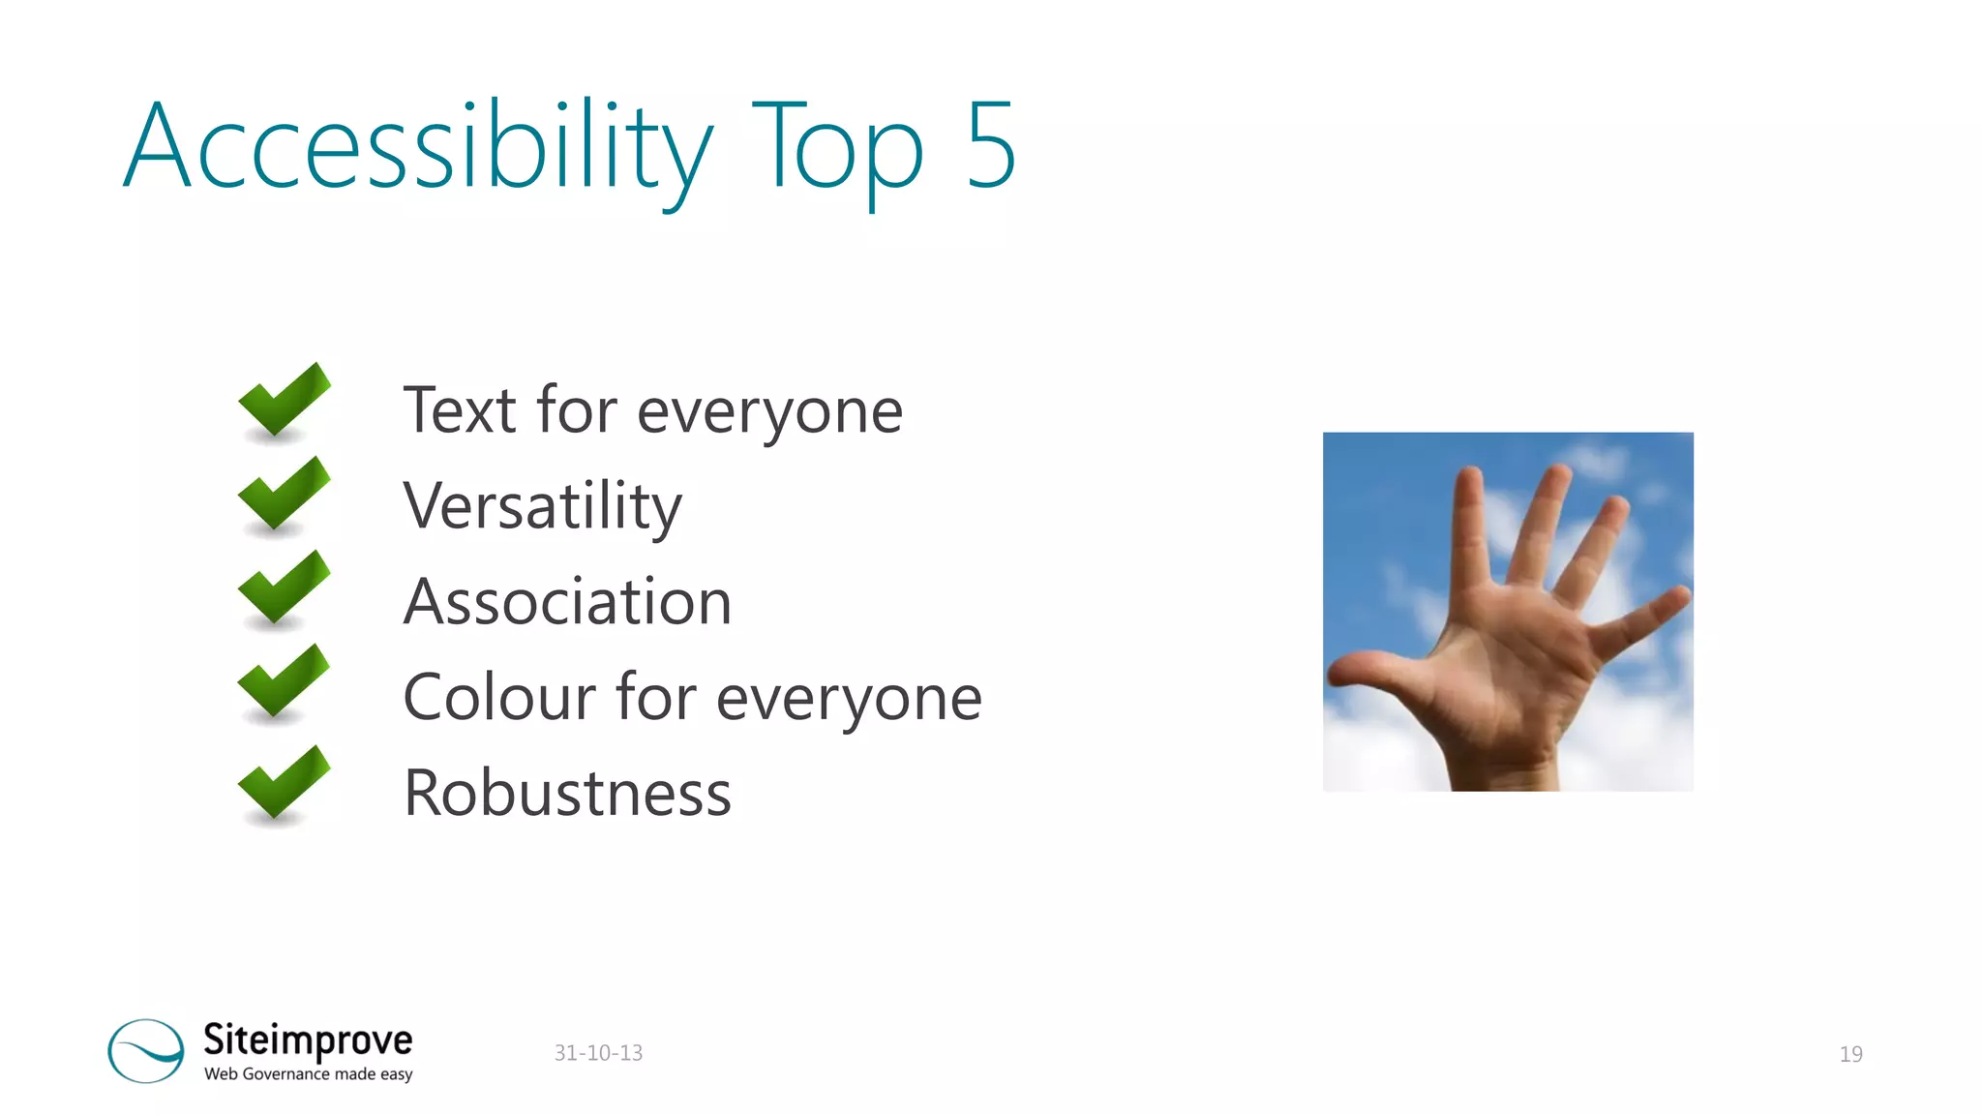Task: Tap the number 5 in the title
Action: coord(990,145)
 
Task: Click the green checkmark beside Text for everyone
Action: coord(283,402)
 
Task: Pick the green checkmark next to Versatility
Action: coord(283,496)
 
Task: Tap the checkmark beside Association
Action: coord(283,589)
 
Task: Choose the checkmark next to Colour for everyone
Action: coord(283,683)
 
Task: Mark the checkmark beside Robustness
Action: coord(283,784)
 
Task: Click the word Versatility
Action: coord(542,506)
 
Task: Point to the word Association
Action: coord(567,602)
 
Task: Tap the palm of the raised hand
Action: coord(1510,668)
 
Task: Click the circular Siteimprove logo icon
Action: coord(146,1050)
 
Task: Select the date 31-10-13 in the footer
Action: coord(598,1053)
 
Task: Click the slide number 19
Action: coord(1850,1054)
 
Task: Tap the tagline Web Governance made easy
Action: coord(308,1074)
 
